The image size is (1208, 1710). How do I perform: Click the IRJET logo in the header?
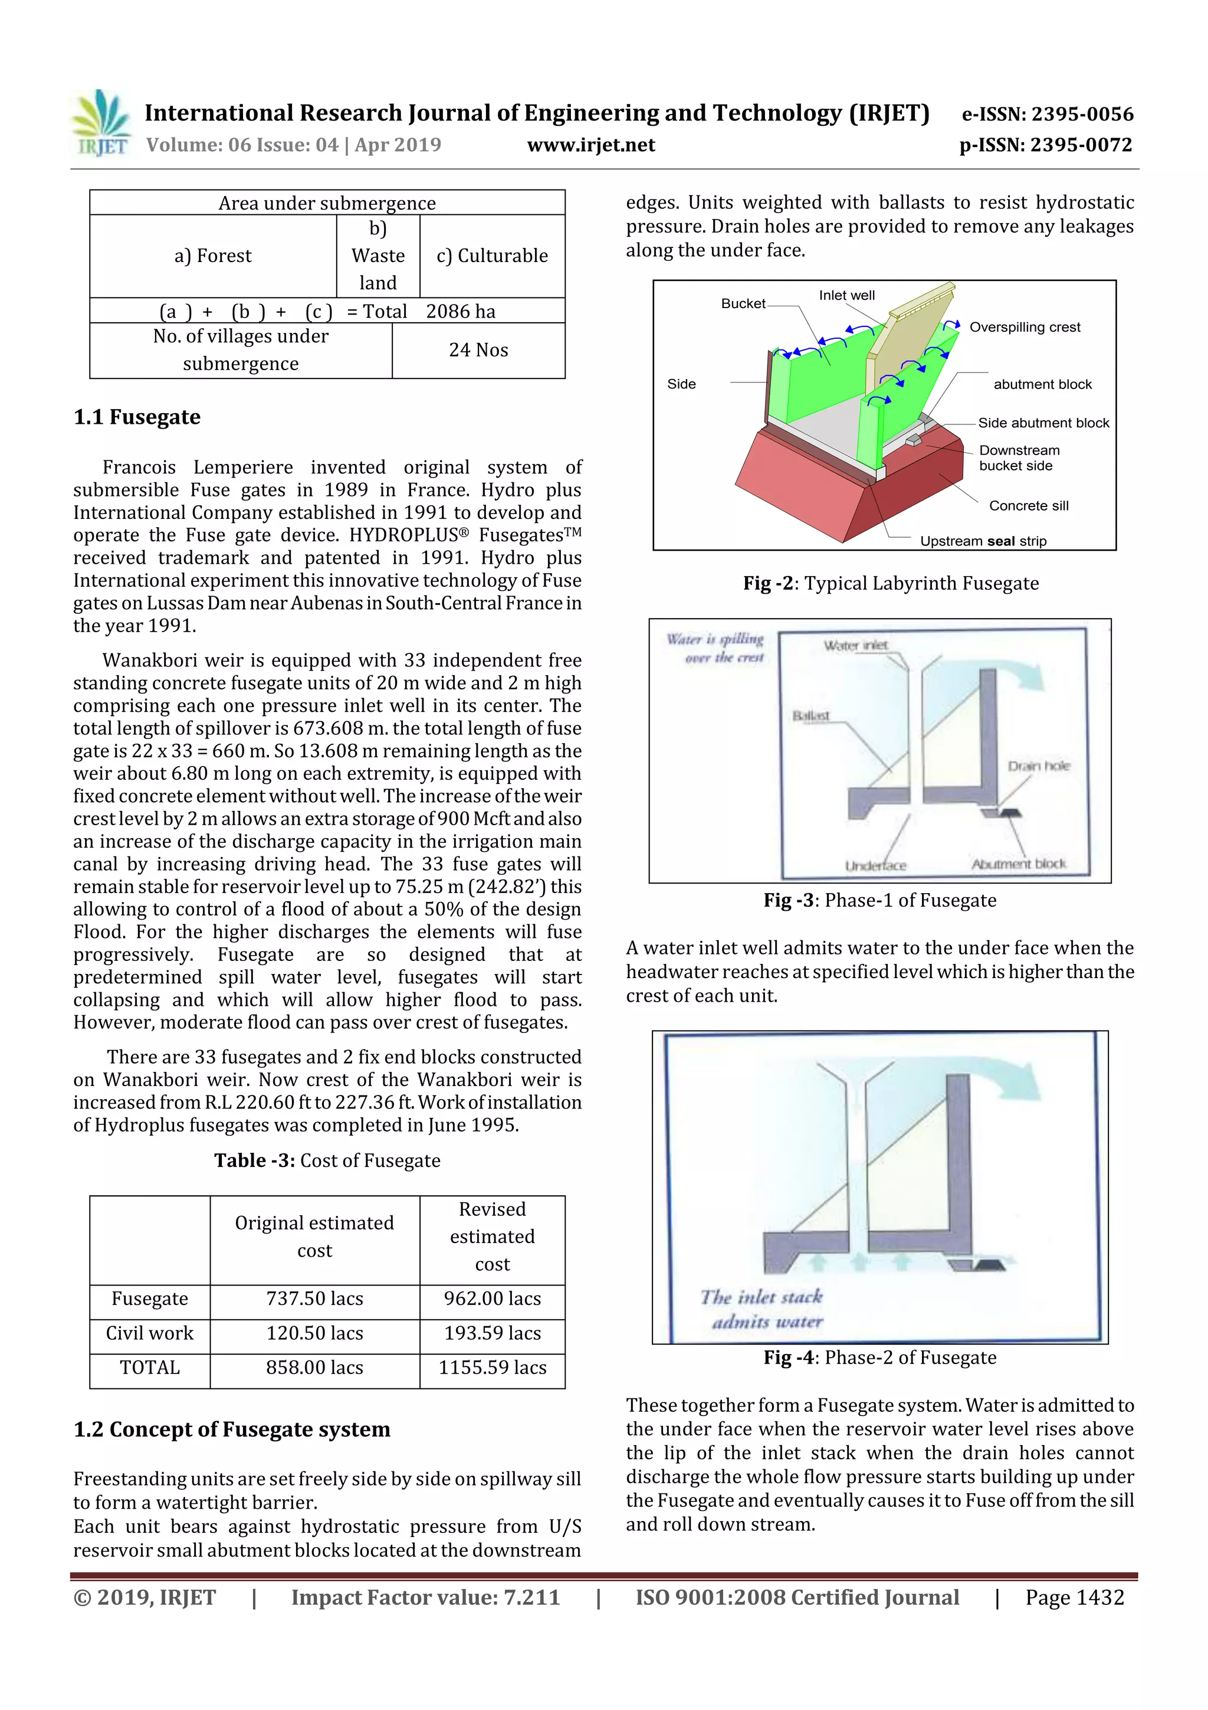(102, 123)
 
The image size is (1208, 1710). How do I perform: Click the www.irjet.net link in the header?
(591, 145)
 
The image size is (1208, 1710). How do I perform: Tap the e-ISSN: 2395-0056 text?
(1047, 114)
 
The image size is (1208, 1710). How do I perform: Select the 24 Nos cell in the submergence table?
(478, 350)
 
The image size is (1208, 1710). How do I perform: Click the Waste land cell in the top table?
(378, 256)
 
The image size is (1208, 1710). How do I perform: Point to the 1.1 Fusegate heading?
(137, 417)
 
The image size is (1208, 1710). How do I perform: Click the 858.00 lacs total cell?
(315, 1368)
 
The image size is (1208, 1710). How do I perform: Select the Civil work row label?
(150, 1333)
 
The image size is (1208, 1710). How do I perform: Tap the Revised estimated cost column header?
(492, 1237)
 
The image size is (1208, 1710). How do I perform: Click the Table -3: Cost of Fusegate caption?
(327, 1160)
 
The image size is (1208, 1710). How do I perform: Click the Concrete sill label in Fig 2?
(1028, 506)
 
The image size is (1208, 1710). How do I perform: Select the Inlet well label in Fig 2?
(846, 296)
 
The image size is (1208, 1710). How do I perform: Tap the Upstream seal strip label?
(983, 541)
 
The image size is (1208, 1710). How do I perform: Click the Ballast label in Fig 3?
(810, 716)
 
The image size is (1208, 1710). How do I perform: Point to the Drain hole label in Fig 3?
(1038, 766)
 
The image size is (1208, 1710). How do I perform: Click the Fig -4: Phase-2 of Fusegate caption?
(880, 1358)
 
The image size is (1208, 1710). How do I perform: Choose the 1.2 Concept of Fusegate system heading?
(231, 1430)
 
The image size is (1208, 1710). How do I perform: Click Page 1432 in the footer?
(1074, 1597)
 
